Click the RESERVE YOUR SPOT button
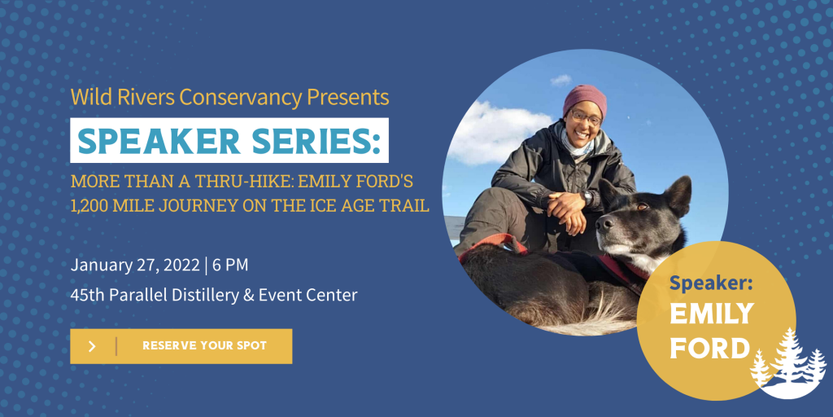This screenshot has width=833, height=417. [x=181, y=346]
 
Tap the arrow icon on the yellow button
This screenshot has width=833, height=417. [x=92, y=346]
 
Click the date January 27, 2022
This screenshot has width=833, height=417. [x=135, y=265]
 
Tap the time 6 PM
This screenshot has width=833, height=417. [x=230, y=265]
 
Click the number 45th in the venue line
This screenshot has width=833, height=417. [x=88, y=294]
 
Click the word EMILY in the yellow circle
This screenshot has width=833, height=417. [x=711, y=314]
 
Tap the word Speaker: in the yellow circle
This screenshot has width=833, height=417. [x=710, y=283]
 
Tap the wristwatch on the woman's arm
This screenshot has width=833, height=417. [x=587, y=197]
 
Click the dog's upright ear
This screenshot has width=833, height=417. [x=678, y=195]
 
